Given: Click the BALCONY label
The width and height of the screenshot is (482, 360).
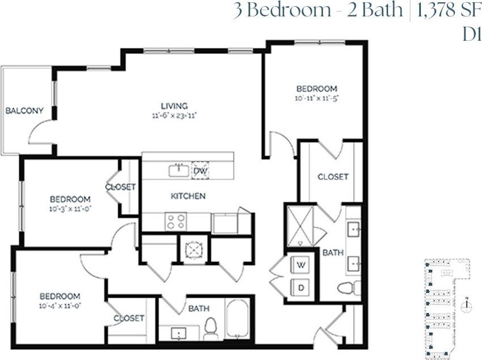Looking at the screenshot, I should pos(24,110).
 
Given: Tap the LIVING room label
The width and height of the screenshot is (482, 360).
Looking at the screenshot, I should pos(174,106).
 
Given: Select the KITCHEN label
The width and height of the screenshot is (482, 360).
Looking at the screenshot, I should pos(188,196).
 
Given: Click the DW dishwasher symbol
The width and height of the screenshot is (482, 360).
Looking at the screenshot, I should pos(200,170).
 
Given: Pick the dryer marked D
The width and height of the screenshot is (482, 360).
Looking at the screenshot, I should pos(301,288).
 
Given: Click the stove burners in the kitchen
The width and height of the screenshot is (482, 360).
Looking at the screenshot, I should pos(175,221).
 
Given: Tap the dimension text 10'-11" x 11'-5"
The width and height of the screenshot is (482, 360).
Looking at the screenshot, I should pos(317,98).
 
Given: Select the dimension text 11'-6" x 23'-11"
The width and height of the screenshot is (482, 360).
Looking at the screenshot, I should pos(174,115).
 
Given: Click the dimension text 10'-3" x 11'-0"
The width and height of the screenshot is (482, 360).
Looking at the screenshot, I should pos(70,208).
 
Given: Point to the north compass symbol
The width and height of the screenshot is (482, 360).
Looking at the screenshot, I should pos(466,307).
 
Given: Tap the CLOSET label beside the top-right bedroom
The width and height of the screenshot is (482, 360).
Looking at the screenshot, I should pos(333,177).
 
